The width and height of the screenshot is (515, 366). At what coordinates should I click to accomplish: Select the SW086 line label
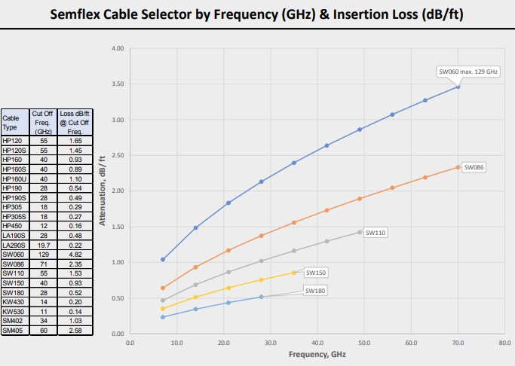click(473, 167)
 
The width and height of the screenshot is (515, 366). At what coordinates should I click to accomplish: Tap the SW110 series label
click(376, 233)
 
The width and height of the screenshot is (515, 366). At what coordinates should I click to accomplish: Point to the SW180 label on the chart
click(314, 290)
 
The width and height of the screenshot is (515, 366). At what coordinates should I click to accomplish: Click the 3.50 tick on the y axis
click(117, 84)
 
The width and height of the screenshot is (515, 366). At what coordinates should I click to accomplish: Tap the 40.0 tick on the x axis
click(317, 343)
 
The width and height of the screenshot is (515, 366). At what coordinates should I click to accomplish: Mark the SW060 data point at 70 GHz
click(457, 87)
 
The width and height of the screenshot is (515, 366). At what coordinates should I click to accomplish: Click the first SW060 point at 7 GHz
click(163, 259)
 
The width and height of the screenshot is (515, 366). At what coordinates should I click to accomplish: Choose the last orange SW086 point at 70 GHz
click(457, 167)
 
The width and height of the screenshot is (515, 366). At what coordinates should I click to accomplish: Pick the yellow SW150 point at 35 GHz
click(294, 272)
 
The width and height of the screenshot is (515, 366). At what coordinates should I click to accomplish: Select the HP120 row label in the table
click(12, 141)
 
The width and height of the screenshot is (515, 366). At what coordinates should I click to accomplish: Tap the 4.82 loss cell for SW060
click(75, 254)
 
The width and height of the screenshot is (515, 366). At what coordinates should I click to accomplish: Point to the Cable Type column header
click(12, 122)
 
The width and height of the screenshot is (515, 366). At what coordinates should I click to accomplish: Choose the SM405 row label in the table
click(12, 329)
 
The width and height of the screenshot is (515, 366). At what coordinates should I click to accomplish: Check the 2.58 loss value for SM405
click(75, 329)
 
